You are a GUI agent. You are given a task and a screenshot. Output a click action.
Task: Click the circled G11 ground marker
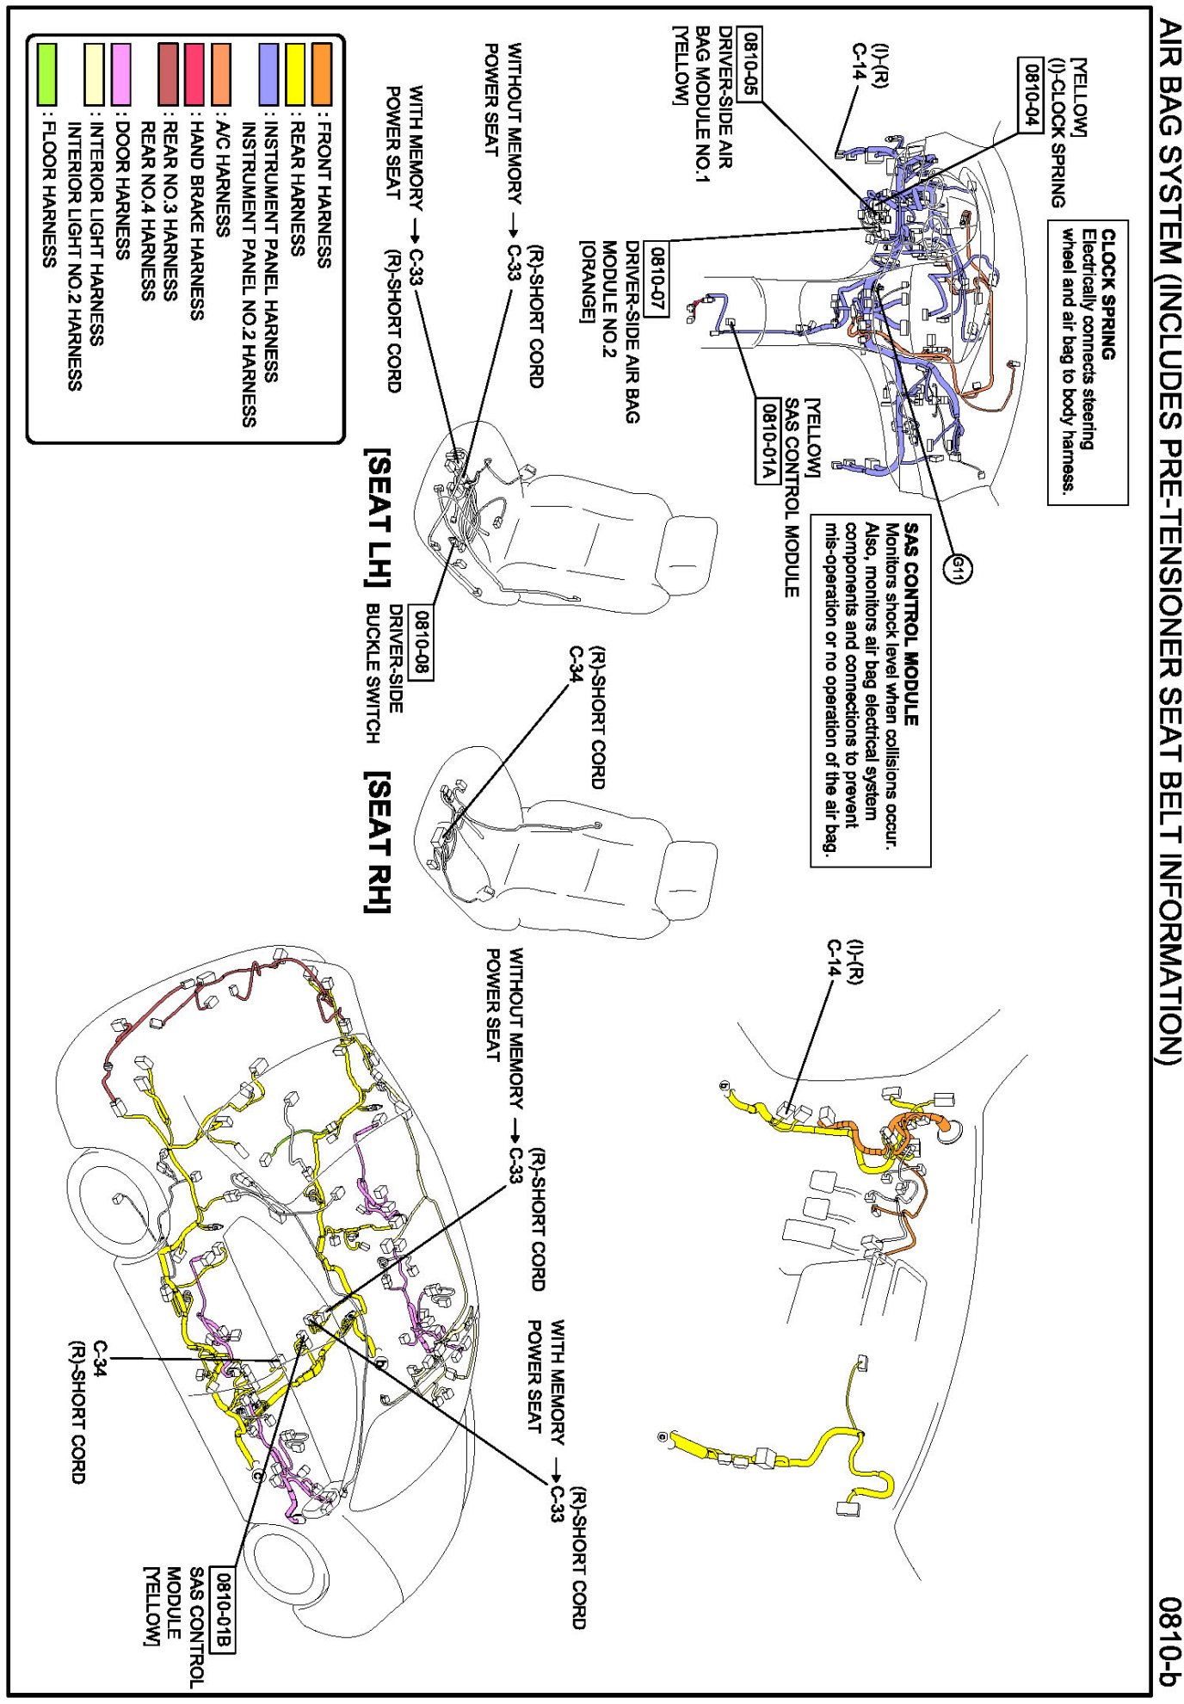click(959, 568)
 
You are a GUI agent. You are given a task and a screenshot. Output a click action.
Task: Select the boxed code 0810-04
click(1030, 95)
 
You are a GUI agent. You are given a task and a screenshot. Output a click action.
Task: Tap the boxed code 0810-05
click(750, 64)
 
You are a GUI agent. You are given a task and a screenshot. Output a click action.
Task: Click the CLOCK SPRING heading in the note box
click(1108, 293)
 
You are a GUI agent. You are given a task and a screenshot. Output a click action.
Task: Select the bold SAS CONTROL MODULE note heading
click(911, 624)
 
